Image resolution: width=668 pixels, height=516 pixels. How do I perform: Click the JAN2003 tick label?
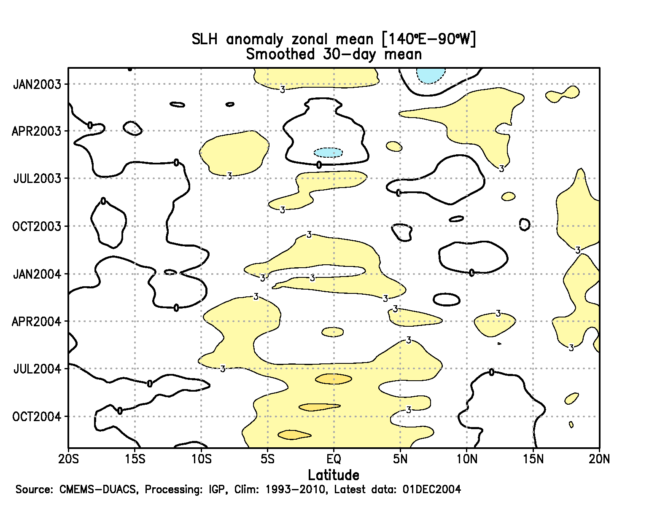[37, 84]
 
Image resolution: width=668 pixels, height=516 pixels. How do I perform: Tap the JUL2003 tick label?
[37, 178]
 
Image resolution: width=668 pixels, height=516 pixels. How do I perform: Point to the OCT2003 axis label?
[37, 226]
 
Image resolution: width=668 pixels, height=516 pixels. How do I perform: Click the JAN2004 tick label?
[37, 274]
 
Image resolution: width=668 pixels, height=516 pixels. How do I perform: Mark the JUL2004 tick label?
[37, 369]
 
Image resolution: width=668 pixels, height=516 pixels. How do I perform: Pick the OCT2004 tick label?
[37, 417]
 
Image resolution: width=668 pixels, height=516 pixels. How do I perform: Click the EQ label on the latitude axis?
[334, 459]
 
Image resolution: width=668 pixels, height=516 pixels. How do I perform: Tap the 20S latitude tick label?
[68, 459]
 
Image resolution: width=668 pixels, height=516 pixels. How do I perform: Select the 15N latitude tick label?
[533, 459]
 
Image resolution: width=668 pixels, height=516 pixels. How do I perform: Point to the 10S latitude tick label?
[201, 459]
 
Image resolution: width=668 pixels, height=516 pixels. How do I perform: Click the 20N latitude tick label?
[599, 459]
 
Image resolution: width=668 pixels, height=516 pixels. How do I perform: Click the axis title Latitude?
[334, 475]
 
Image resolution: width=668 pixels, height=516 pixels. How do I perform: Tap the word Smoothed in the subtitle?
[280, 54]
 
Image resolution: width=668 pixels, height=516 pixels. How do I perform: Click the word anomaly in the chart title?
[254, 39]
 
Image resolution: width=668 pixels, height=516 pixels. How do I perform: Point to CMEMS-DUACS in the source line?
[98, 489]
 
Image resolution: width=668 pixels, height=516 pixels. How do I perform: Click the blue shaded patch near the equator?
[328, 152]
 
